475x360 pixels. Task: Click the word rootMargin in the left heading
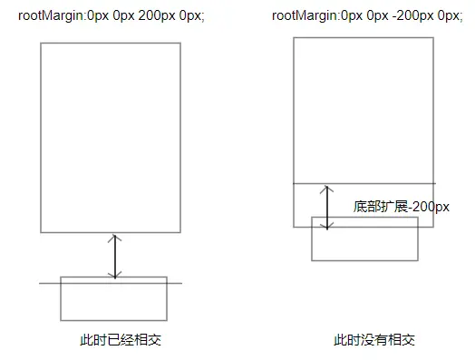point(51,15)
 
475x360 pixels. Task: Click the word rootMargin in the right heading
point(305,15)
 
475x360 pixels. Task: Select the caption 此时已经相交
point(121,340)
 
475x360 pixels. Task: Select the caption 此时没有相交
point(374,340)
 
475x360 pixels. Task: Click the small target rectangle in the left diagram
point(61,298)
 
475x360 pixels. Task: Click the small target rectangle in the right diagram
point(312,238)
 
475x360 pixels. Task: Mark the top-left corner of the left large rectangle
point(41,43)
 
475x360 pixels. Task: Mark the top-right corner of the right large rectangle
point(433,38)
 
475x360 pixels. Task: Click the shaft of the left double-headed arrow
point(115,257)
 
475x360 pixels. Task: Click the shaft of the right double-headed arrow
point(327,208)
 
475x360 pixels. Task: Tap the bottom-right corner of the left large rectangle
point(180,232)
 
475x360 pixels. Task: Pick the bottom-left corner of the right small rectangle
point(312,260)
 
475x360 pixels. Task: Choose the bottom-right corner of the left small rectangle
point(167,320)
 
